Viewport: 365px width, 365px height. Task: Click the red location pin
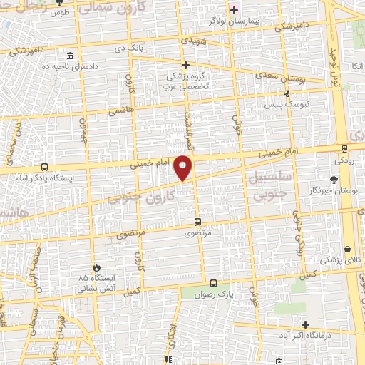coord(184,168)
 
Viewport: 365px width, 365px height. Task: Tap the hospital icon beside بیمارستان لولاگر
coord(233,10)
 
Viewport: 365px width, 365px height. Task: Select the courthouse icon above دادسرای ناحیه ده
coord(68,56)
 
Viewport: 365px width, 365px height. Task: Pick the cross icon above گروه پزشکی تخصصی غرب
coord(185,65)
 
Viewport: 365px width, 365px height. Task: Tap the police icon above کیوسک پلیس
coord(287,93)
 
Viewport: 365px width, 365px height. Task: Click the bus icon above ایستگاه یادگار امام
coord(45,168)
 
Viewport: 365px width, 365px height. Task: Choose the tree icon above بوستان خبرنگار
coord(334,180)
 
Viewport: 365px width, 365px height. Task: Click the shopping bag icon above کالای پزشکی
coord(346,250)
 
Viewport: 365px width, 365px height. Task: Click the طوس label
coord(80,11)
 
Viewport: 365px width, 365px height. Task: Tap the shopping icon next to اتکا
coord(354,66)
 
